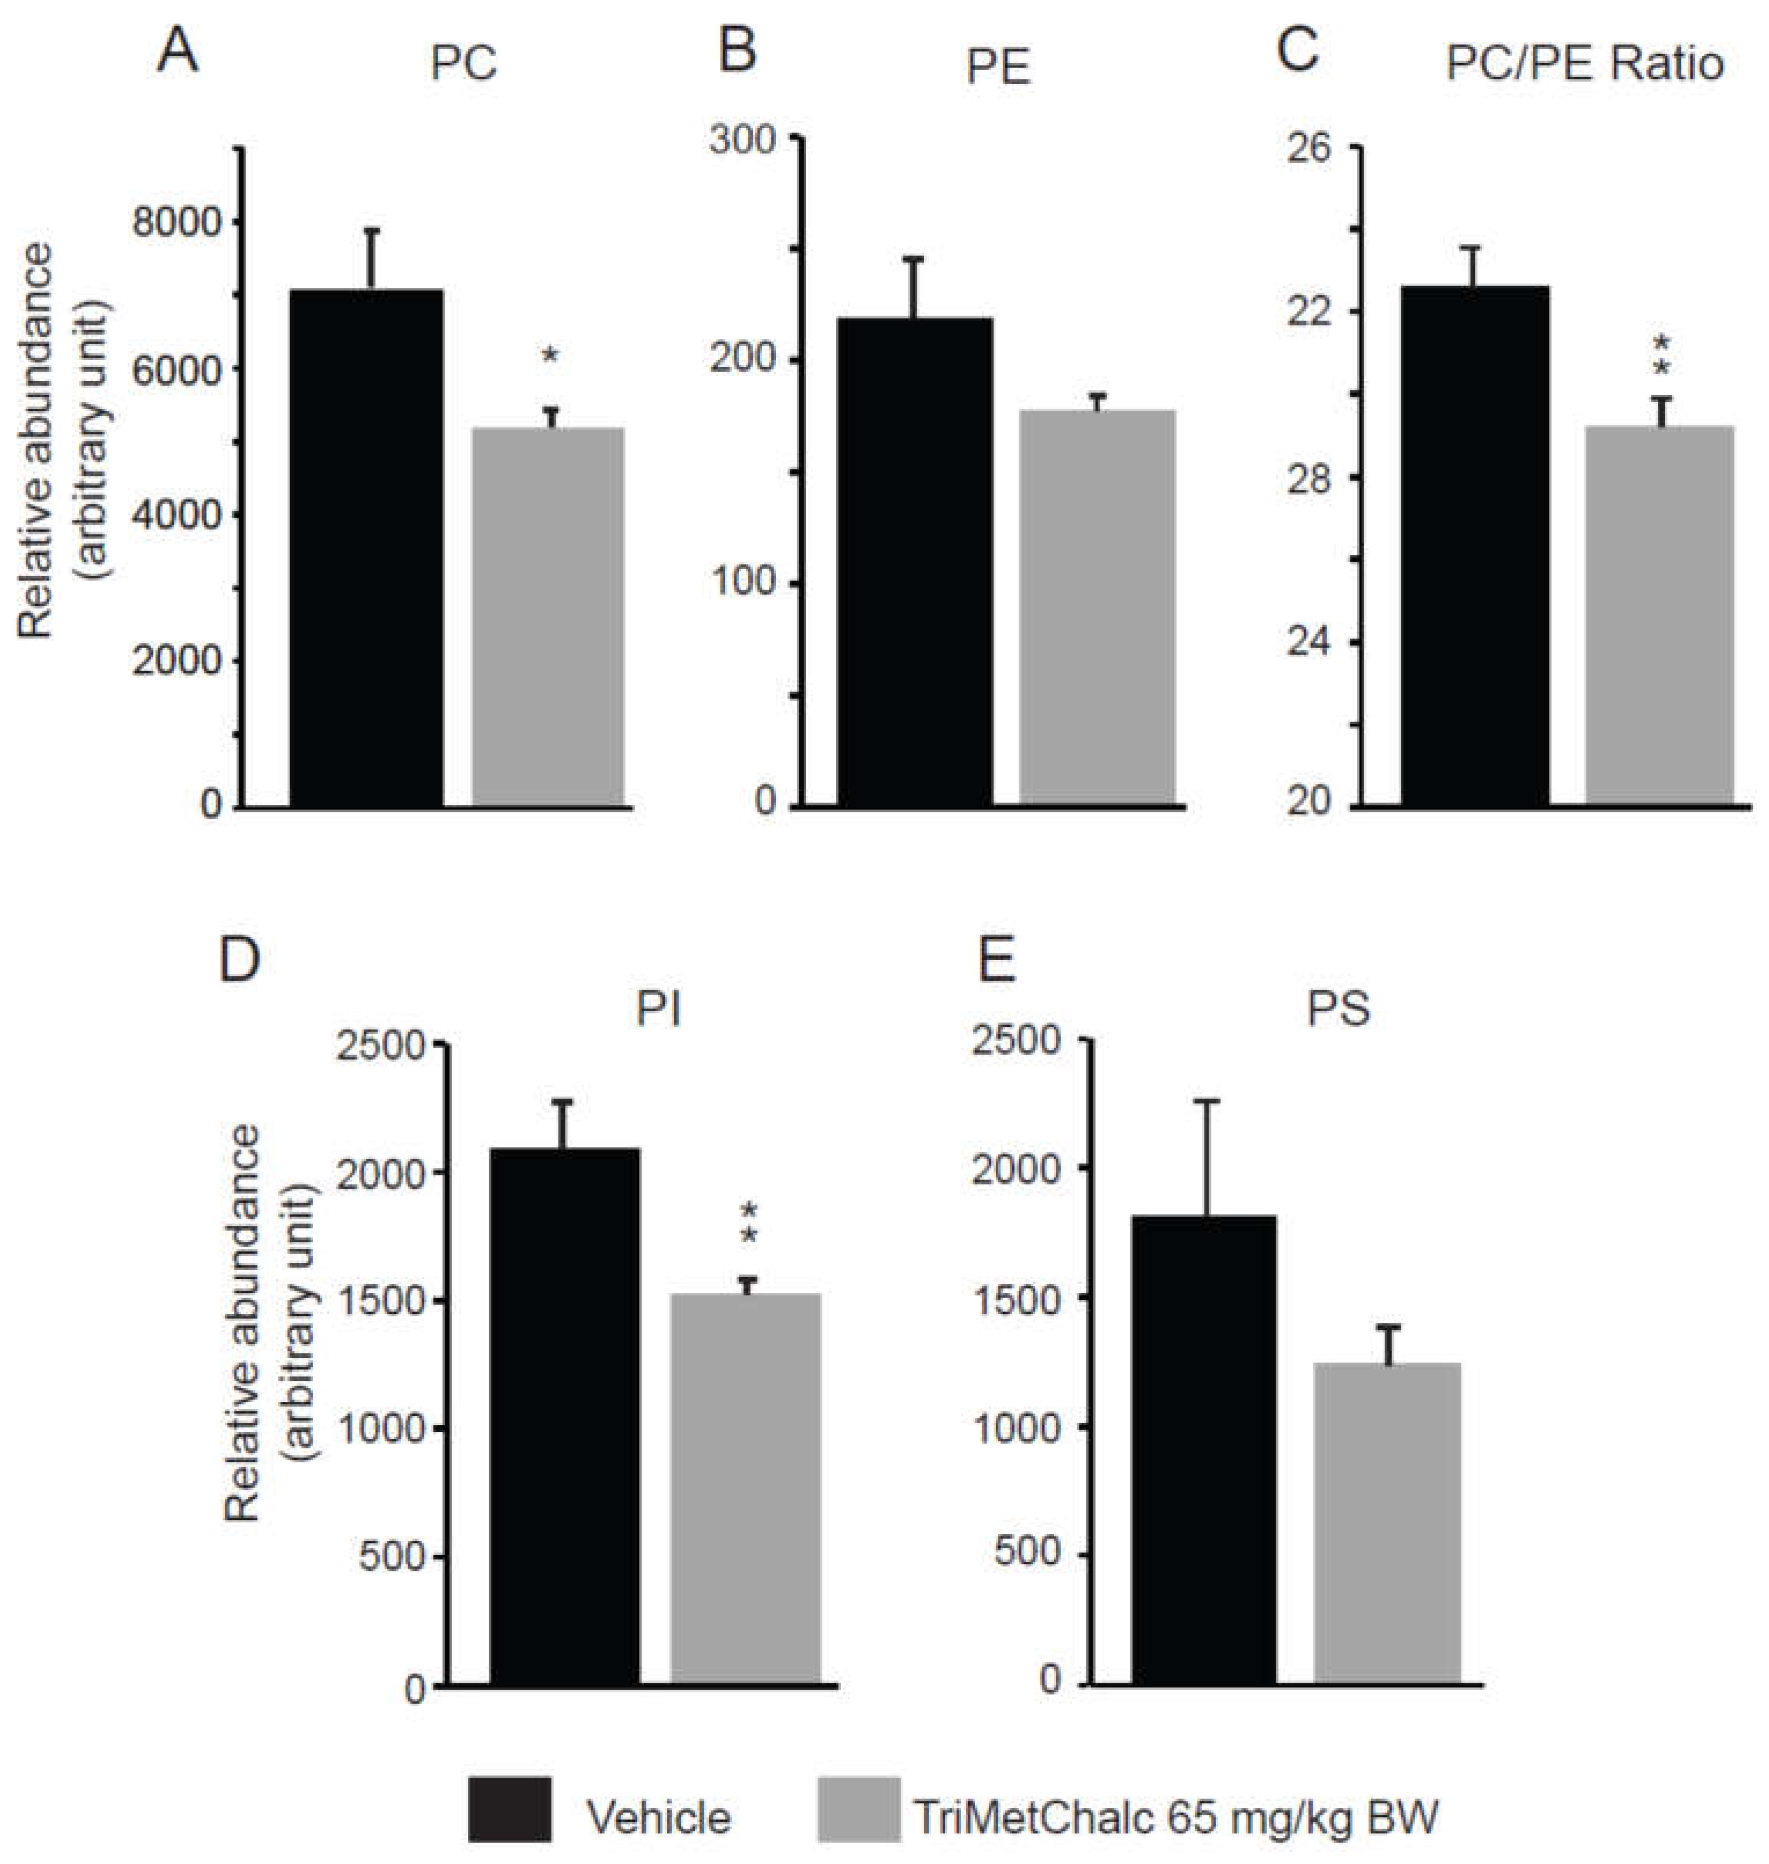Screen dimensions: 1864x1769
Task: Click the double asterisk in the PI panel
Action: pyautogui.click(x=750, y=1224)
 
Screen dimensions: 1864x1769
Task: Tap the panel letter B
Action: pyautogui.click(x=737, y=52)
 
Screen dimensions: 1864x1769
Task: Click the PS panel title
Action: pyautogui.click(x=1338, y=1010)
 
